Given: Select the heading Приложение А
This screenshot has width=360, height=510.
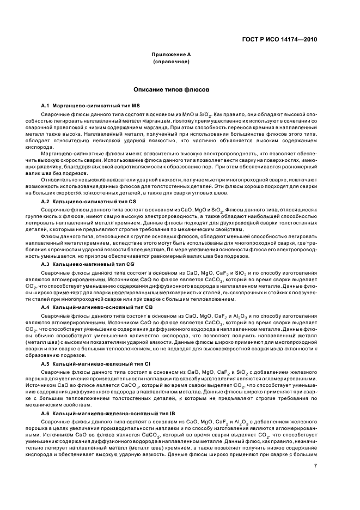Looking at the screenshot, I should (x=172, y=54).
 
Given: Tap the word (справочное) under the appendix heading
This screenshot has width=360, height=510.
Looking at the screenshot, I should (x=172, y=62).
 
